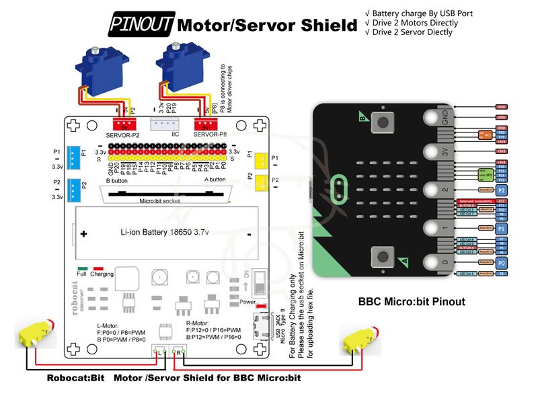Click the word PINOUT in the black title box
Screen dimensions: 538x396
pyautogui.click(x=141, y=26)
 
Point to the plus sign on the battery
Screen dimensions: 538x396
pyautogui.click(x=83, y=234)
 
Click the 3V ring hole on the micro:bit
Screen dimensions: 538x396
pyautogui.click(x=432, y=153)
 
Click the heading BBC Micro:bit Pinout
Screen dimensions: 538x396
pyautogui.click(x=411, y=302)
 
